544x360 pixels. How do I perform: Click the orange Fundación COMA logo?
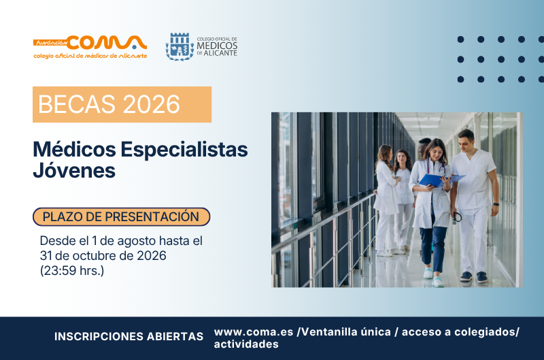[x=90, y=47]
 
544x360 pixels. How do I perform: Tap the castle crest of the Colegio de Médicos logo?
[x=180, y=47]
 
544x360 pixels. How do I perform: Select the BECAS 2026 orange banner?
[x=122, y=104]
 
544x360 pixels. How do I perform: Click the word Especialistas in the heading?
[x=184, y=150]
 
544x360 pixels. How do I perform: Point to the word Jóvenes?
[x=74, y=170]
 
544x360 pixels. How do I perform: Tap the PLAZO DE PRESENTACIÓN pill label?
[x=122, y=216]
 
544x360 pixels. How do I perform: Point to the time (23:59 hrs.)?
[x=72, y=270]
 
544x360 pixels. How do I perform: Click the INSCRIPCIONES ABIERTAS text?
[x=129, y=336]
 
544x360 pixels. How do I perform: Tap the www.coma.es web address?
[x=254, y=332]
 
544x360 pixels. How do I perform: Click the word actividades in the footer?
[x=246, y=344]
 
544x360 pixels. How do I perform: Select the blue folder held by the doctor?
[x=439, y=180]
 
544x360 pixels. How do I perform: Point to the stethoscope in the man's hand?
[x=457, y=217]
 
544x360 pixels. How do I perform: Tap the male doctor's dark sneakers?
[x=474, y=277]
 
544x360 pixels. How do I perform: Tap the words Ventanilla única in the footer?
[x=346, y=332]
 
